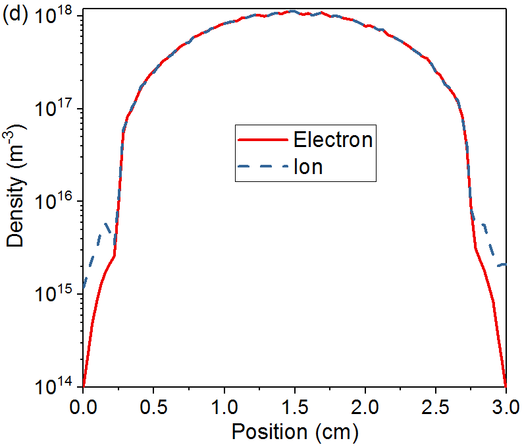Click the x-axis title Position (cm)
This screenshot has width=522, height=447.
294,432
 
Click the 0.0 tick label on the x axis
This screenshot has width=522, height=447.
83,403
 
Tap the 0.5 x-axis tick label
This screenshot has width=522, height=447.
153,403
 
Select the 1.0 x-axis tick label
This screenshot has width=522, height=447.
224,403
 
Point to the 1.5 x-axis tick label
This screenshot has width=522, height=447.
294,403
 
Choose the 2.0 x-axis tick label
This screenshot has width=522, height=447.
365,403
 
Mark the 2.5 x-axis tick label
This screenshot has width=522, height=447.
435,403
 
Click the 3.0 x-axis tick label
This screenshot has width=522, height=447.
505,403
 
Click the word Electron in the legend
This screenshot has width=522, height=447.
333,140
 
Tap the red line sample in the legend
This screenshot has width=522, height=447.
263,140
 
